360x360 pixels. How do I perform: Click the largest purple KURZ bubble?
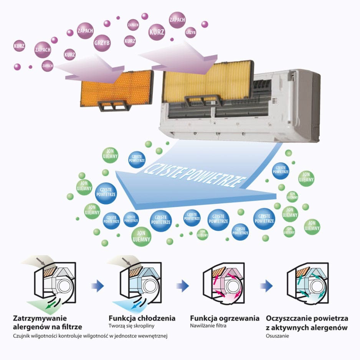click(157, 32)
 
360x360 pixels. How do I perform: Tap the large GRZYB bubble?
click(102, 43)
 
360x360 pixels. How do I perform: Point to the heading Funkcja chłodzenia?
click(142, 318)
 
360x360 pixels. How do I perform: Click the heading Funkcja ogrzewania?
click(225, 318)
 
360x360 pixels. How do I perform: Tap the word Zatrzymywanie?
click(40, 319)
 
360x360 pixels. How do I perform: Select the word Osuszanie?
click(277, 336)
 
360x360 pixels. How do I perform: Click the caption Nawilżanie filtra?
click(208, 325)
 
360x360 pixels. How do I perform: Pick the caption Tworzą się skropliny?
click(131, 326)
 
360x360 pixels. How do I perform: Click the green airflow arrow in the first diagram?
click(51, 305)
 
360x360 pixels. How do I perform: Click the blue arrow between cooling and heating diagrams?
click(183, 286)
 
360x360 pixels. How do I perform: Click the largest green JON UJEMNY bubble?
click(141, 236)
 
